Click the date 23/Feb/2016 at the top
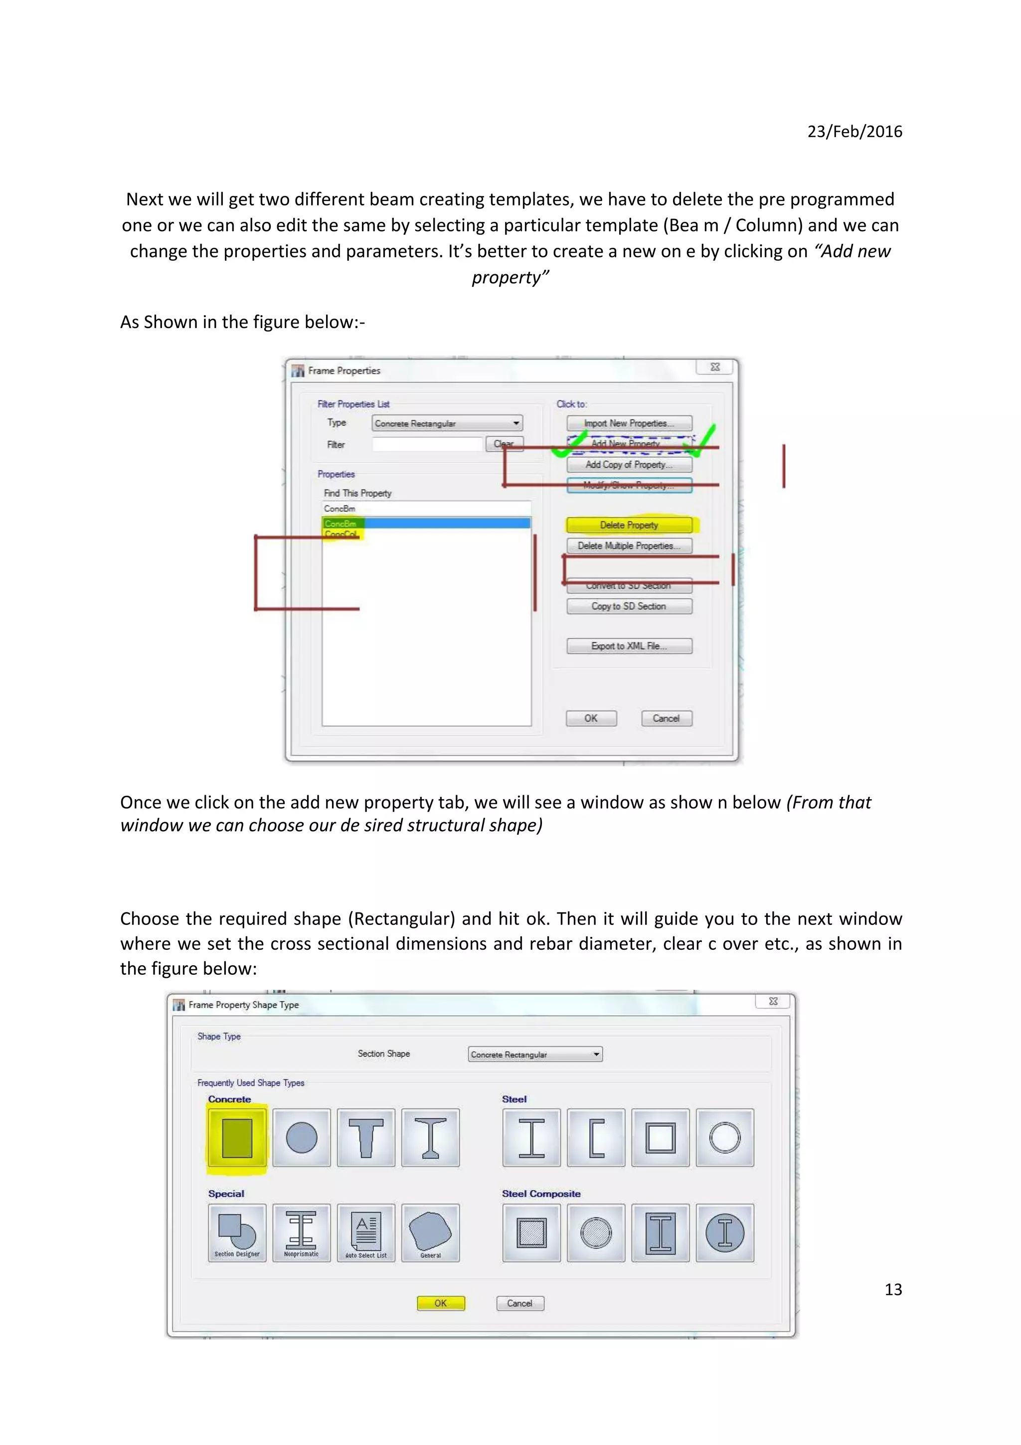854,131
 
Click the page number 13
893,1289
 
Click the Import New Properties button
629,423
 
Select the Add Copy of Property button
629,465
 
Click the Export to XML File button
629,646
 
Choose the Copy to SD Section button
629,606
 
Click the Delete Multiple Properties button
629,545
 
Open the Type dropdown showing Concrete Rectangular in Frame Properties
447,423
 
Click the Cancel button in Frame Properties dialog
666,718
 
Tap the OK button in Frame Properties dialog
591,718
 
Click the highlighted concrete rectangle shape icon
237,1138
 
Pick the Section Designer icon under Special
237,1232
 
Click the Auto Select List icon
366,1232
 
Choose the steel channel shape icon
596,1138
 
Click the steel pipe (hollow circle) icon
725,1138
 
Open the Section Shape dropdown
535,1054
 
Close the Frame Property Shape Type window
773,1001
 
